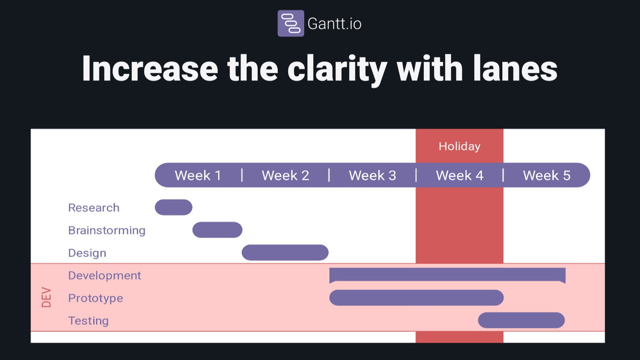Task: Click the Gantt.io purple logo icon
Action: (291, 23)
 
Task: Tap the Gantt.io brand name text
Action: (334, 23)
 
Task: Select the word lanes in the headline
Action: (515, 68)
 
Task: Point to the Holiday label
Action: (459, 146)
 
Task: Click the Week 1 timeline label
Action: (198, 175)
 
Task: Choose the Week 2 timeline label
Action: (285, 175)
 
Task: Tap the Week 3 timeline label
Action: (372, 175)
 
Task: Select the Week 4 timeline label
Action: (459, 175)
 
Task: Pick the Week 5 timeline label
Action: (546, 175)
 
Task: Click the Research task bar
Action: (174, 207)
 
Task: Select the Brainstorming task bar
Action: (218, 230)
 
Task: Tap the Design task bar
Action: (285, 252)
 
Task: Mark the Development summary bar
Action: (447, 274)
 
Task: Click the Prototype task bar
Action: (416, 298)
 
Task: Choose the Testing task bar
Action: (521, 320)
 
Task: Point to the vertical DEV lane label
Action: (46, 297)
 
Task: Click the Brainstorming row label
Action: (107, 230)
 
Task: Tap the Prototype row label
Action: (96, 298)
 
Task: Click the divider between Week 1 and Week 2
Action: (242, 175)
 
